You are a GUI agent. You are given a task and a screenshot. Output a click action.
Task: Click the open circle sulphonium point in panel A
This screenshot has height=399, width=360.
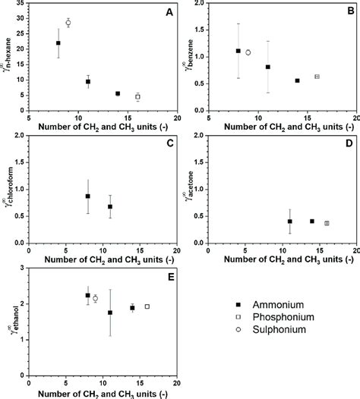[68, 23]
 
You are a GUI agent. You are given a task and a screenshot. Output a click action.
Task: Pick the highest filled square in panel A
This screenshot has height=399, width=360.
[58, 43]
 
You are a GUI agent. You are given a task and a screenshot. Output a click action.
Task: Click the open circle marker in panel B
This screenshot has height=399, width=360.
[248, 52]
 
